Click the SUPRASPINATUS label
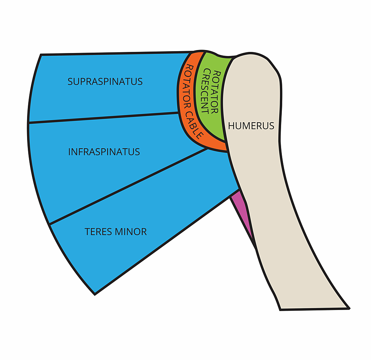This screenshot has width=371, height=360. pos(105,81)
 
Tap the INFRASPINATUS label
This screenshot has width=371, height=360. pos(104,152)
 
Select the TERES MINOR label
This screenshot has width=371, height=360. pos(116,231)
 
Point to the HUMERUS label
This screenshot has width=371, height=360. pos(251,126)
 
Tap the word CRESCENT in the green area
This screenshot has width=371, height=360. pos(205,91)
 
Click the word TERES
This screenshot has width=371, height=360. pos(98,231)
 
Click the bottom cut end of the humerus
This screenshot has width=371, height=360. pos(314,309)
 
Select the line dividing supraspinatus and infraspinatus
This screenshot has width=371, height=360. pos(103,117)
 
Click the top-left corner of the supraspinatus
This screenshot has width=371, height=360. pos(41,55)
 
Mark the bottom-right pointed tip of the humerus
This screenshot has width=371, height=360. pos(349,308)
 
